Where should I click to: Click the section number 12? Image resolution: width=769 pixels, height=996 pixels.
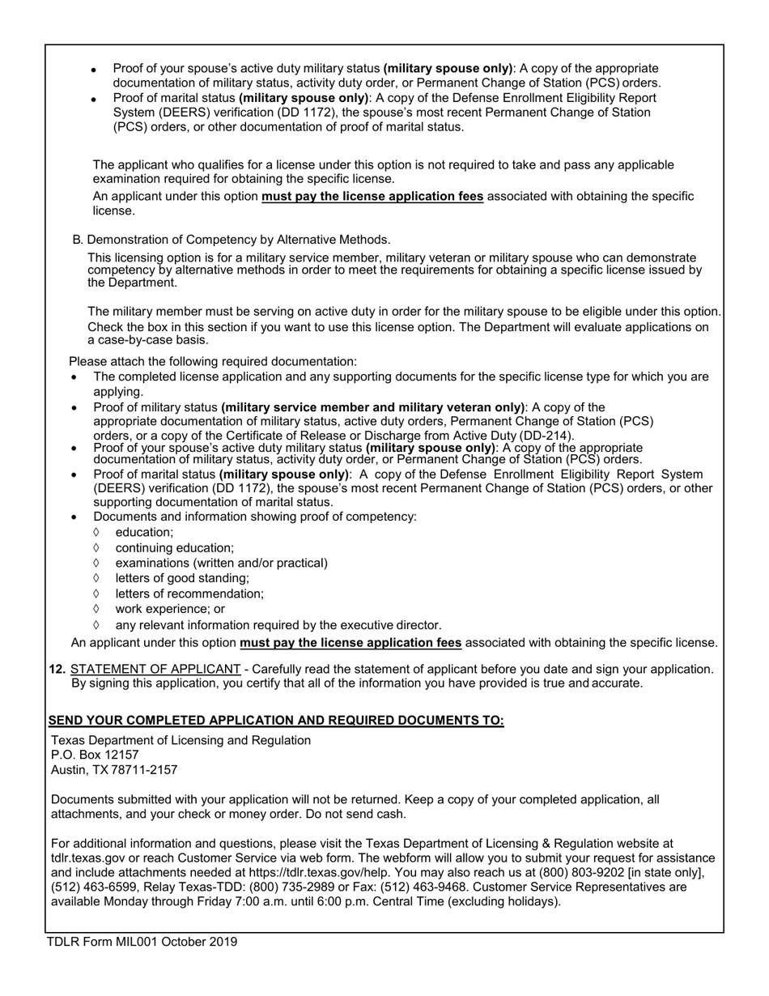57,669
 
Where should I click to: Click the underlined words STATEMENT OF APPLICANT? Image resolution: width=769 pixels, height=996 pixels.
155,669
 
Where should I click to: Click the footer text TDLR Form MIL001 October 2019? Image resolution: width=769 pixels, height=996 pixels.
142,942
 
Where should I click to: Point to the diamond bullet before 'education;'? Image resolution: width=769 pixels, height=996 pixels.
96,532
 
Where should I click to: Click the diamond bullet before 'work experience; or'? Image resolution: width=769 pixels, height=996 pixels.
96,608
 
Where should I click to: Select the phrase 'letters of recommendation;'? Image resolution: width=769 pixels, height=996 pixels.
189,594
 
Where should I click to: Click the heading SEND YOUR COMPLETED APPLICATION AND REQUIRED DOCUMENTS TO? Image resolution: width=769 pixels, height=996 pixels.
276,721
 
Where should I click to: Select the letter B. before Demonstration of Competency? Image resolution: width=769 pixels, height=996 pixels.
77,240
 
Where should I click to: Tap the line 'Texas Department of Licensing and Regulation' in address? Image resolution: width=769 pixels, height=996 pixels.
181,740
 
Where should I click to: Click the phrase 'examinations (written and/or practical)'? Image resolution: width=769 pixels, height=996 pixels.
221,563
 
